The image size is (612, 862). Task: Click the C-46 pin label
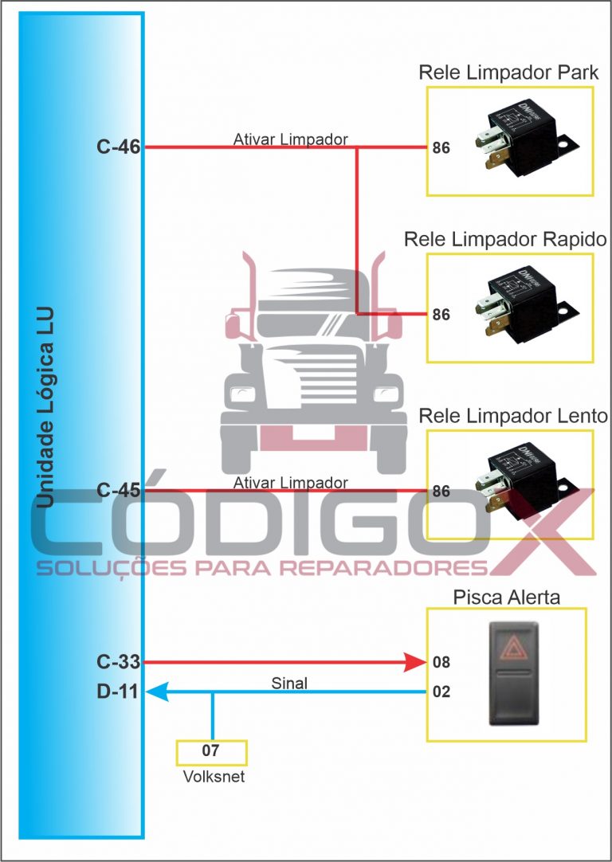117,147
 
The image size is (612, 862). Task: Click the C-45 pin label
117,491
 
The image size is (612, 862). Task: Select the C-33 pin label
117,661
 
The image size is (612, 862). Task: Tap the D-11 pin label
117,692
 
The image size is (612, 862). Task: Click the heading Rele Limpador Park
509,73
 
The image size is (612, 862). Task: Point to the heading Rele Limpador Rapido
505,239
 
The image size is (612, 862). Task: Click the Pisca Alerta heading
507,597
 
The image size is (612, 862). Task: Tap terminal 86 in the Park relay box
441,148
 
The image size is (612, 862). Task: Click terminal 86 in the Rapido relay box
441,315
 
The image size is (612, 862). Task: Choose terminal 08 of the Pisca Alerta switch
441,662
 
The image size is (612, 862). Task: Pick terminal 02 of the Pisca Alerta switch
441,692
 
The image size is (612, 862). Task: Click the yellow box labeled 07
211,751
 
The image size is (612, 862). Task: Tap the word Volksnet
212,776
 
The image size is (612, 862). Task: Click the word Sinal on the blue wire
289,683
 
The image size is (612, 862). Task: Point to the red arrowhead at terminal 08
416,661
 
